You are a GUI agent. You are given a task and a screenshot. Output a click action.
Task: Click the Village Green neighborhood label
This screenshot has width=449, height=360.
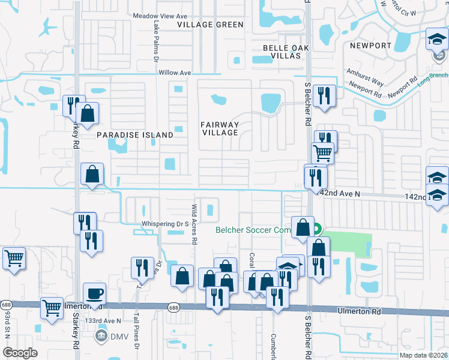point(211,25)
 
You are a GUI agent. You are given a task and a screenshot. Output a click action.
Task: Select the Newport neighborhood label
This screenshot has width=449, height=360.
point(371,46)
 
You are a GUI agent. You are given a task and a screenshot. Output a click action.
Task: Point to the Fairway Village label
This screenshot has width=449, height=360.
point(220,129)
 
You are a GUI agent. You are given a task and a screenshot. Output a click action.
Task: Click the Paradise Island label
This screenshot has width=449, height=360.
point(135,135)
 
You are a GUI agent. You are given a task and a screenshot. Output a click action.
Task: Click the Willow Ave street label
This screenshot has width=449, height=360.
point(175,73)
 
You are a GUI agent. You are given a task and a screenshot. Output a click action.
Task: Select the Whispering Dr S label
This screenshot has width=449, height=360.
point(166,224)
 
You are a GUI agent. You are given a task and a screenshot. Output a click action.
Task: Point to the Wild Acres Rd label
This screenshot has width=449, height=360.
point(194,224)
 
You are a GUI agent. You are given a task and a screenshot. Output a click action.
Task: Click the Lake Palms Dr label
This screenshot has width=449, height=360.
point(155,43)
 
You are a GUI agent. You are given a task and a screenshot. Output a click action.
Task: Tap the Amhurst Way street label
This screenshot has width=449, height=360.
point(364,79)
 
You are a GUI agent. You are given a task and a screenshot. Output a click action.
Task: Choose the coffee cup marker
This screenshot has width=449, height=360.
point(94,294)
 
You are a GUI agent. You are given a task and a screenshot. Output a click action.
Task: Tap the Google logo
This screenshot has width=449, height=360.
point(20,353)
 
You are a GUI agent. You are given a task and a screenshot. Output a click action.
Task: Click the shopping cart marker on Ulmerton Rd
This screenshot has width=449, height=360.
point(52,308)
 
